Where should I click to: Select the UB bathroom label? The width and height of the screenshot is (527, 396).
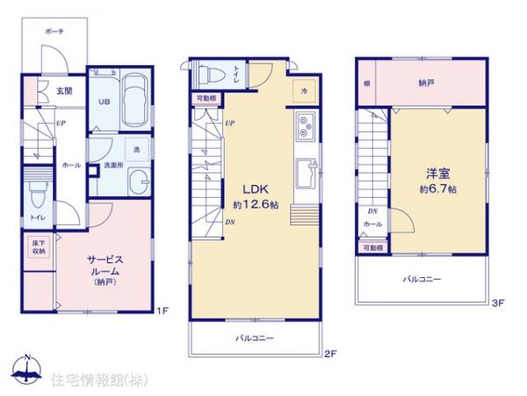click(x=103, y=100)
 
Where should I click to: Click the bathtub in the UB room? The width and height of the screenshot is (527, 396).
click(x=134, y=99)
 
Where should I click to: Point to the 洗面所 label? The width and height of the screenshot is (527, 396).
click(x=112, y=165)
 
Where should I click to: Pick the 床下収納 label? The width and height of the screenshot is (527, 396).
click(x=39, y=247)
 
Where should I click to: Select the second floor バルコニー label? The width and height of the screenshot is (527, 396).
click(x=255, y=338)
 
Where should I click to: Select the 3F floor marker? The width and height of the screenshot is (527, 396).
click(x=497, y=304)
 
